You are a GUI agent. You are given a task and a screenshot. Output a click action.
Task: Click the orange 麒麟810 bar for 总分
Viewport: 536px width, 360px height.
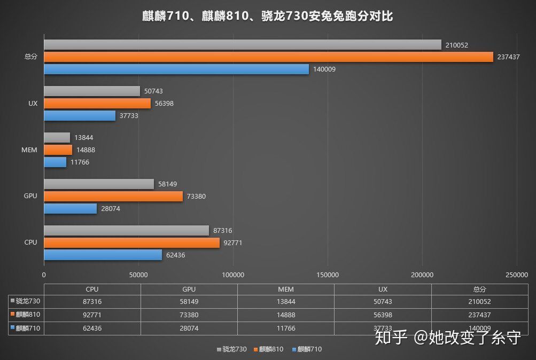click(267, 57)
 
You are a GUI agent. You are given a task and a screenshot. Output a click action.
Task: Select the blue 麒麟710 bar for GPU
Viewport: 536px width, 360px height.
click(70, 209)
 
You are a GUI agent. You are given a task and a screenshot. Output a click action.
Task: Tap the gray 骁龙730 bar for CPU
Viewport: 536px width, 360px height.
click(126, 230)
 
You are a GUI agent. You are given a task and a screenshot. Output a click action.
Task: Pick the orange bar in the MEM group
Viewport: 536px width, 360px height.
click(58, 150)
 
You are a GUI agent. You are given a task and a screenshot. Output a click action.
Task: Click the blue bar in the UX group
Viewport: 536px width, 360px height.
click(79, 116)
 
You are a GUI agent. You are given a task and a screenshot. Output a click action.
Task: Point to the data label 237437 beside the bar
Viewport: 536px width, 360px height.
click(508, 57)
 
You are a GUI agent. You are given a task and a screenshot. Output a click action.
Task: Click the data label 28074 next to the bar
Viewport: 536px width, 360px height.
click(111, 209)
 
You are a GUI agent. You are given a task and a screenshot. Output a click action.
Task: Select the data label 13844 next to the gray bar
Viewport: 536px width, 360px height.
click(84, 138)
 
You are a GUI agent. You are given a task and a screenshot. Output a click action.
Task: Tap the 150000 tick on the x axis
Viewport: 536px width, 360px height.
click(327, 275)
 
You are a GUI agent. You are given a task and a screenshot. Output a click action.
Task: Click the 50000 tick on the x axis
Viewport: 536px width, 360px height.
click(138, 275)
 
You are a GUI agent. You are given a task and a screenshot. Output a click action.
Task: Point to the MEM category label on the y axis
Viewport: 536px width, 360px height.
click(30, 150)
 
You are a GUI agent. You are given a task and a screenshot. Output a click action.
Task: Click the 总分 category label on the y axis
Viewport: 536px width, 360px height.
click(30, 57)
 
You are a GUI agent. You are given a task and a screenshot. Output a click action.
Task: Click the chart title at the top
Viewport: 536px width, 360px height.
click(268, 16)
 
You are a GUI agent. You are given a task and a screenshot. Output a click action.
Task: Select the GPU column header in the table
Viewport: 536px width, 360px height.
click(189, 289)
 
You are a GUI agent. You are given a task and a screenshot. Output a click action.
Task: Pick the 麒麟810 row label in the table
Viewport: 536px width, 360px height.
click(27, 315)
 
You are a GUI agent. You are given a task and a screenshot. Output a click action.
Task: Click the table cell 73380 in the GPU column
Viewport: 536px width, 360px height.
click(189, 315)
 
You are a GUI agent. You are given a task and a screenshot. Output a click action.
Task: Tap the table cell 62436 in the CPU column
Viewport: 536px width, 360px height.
click(92, 328)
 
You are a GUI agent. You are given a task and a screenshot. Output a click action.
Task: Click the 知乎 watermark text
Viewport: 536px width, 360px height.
click(392, 337)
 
